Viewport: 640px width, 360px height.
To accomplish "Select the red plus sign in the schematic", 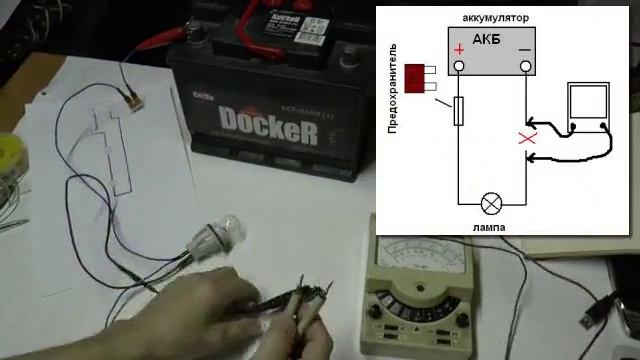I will [x=459, y=49].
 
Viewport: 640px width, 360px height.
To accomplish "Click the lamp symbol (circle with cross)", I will [x=491, y=203].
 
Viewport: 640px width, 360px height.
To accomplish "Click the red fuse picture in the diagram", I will [x=419, y=77].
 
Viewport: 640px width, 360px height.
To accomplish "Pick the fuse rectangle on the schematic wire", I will [x=459, y=111].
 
